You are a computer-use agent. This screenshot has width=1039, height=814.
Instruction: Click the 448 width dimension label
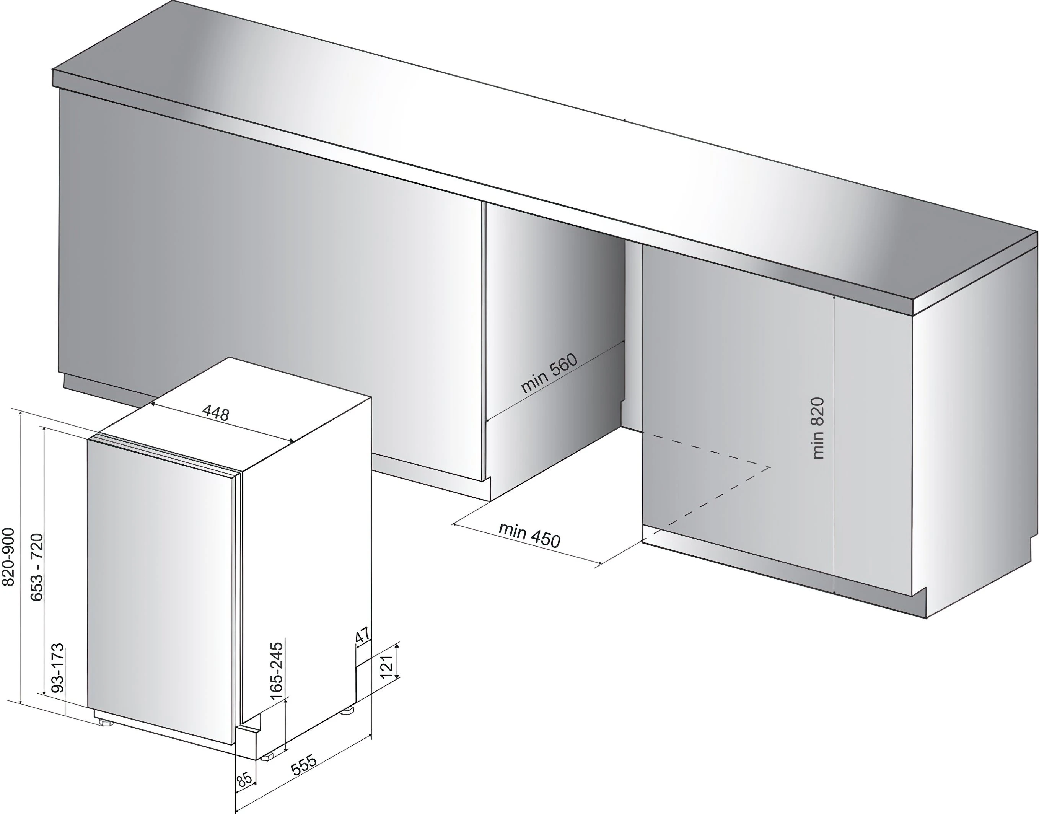tap(216, 413)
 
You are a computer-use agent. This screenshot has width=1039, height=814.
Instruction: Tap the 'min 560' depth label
tap(549, 373)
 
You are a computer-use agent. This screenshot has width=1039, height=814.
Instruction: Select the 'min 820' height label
tap(818, 428)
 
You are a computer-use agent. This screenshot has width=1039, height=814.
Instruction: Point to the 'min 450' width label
tap(529, 535)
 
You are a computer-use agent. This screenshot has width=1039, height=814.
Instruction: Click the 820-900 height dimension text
tap(8, 557)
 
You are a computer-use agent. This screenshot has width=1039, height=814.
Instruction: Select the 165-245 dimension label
tap(277, 671)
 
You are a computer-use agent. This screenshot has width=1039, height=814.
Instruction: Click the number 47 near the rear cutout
tap(363, 636)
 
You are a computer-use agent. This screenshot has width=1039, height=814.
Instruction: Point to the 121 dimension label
tap(386, 666)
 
